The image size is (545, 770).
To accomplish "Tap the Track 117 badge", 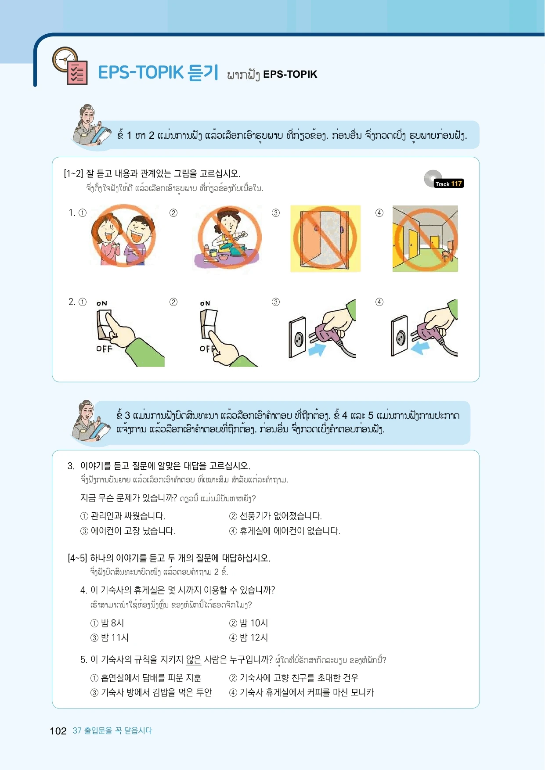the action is point(448,184).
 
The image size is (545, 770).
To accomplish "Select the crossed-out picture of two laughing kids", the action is point(123,236).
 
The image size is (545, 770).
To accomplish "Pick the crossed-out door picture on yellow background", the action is point(325,238).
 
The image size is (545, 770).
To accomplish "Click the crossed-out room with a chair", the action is point(425,238).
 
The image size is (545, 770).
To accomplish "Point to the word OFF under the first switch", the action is point(105,349).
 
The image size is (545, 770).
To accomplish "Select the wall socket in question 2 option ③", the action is point(298,337).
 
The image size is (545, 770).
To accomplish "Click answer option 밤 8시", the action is point(108,623).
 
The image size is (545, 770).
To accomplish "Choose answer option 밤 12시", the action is point(249,637).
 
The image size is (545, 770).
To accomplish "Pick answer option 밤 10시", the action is point(249,623).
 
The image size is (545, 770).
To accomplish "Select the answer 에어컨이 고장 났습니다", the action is point(128,531).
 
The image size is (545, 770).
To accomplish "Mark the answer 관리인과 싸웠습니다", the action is point(123,516).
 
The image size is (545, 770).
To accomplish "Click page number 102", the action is point(58,731).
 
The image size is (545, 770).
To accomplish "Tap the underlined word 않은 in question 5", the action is point(194,660).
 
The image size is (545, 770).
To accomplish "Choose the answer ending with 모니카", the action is point(302,692).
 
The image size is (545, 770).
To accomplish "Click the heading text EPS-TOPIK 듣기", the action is point(158,72).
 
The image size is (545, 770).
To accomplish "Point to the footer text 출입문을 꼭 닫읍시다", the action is point(118,730).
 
